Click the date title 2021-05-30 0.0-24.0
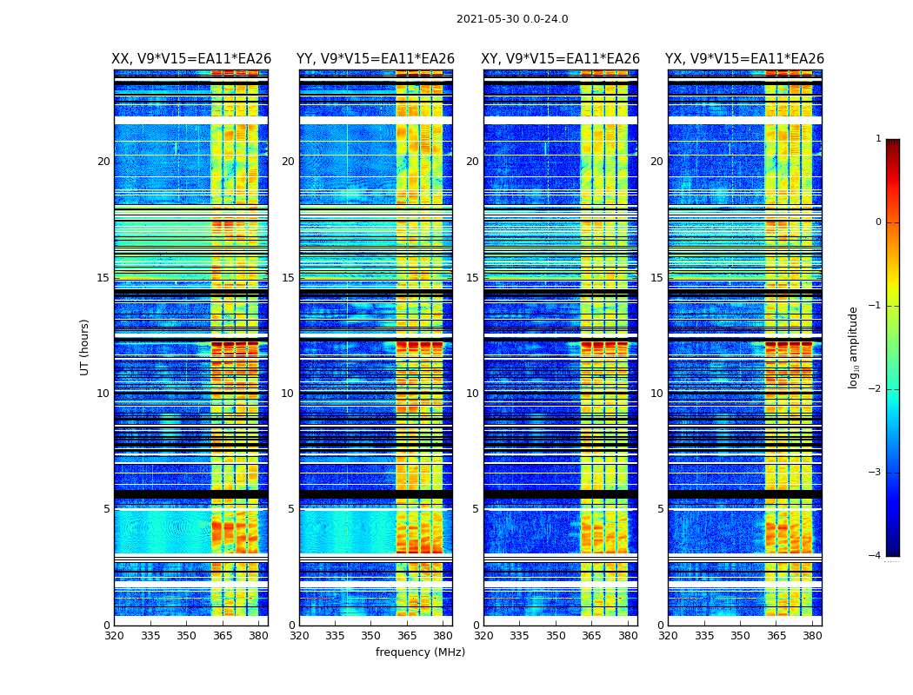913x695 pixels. click(512, 19)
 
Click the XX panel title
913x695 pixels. click(191, 59)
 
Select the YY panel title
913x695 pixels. click(376, 59)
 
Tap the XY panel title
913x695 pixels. click(561, 59)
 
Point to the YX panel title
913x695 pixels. click(745, 59)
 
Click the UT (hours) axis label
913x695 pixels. click(85, 347)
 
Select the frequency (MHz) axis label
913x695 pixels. click(420, 652)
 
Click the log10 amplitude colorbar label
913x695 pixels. click(854, 347)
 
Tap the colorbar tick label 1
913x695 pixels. click(878, 139)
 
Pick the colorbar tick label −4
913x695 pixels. click(876, 556)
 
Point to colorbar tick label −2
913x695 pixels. click(876, 389)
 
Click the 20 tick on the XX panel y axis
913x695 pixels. click(103, 162)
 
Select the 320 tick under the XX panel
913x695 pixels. click(114, 635)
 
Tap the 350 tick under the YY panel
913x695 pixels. click(371, 635)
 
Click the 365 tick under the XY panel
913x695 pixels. click(592, 635)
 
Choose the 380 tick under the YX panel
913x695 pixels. click(813, 635)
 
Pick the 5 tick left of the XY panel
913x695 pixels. click(476, 509)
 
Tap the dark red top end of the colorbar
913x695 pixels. click(892, 144)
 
